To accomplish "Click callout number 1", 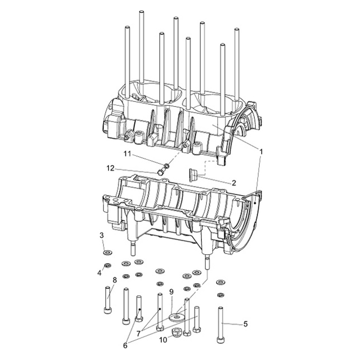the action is point(261,152).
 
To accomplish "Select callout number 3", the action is point(102,235).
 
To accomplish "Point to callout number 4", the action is point(99,273).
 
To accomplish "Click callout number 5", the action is point(246,324).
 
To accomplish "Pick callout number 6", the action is point(125,346).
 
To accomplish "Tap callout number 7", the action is point(138,333).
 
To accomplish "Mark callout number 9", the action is point(171,292).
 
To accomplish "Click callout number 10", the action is point(163,340).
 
